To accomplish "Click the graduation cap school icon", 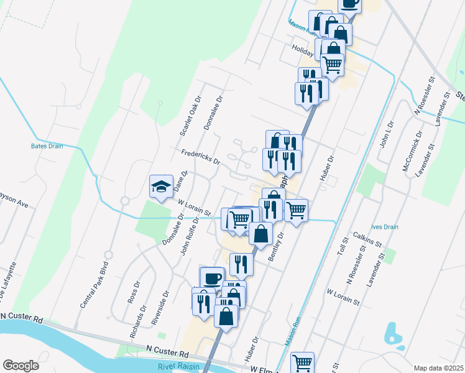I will click(161, 186).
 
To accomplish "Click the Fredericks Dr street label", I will click(200, 156).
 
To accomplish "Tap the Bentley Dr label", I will click(275, 246).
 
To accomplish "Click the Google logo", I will click(21, 366).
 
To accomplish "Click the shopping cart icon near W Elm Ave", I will click(302, 362).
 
